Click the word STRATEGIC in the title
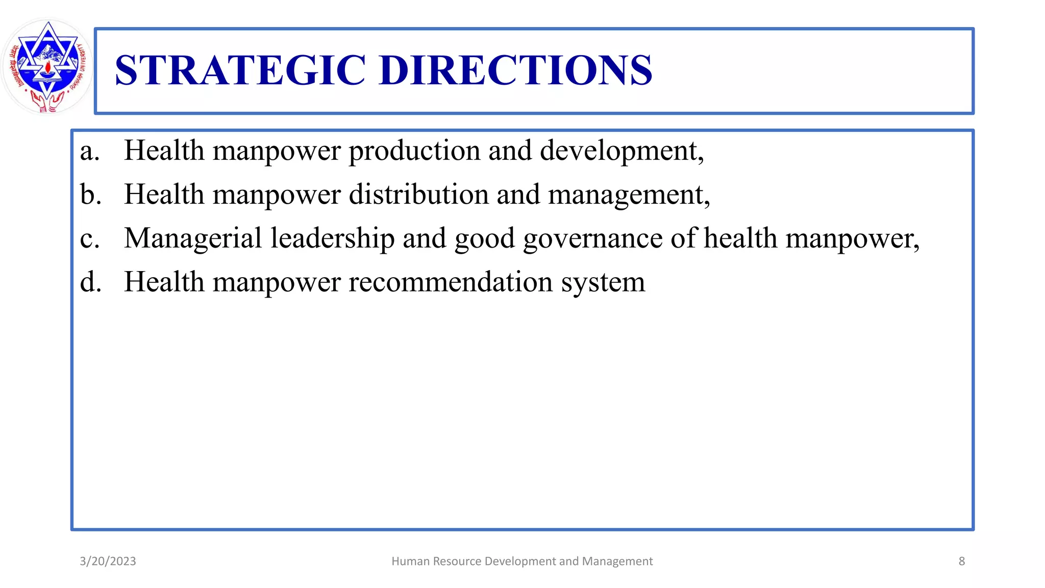coord(240,70)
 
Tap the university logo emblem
coord(47,66)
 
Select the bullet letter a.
coord(89,151)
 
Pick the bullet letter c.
coord(89,239)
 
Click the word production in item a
coord(414,151)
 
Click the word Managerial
coord(193,238)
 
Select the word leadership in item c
coord(332,238)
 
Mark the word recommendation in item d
coord(451,282)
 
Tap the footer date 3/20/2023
coord(108,561)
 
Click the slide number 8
coord(961,561)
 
